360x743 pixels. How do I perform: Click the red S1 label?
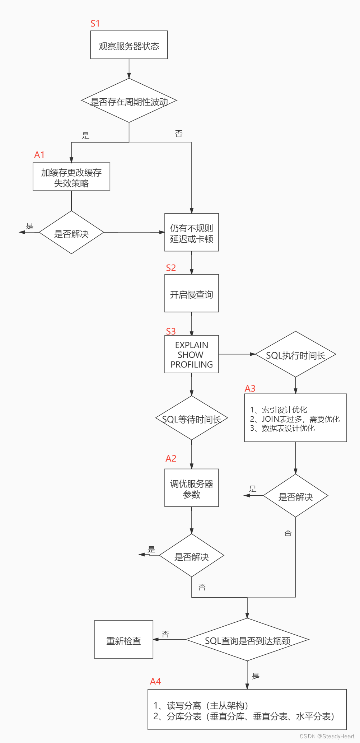point(95,24)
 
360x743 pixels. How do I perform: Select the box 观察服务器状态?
point(129,45)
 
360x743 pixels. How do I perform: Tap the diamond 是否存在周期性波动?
point(129,101)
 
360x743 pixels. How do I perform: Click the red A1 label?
point(39,155)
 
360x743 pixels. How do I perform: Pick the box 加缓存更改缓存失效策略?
point(71,177)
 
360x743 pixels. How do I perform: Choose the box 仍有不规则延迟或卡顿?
point(191,233)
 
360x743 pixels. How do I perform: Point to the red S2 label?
point(171,268)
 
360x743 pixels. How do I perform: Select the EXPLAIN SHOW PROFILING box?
point(191,354)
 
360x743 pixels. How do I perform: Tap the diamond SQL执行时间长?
point(295,355)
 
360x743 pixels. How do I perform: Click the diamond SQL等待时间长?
point(191,419)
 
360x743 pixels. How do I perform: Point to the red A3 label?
point(250,388)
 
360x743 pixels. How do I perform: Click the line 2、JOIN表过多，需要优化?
point(295,419)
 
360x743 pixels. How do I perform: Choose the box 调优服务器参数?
point(191,488)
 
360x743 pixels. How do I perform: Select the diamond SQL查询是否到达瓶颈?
point(247,640)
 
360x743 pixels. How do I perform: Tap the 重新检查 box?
point(123,640)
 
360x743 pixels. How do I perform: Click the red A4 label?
point(155,681)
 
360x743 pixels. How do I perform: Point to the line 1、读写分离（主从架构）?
point(201,705)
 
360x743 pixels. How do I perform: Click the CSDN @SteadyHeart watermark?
point(327,736)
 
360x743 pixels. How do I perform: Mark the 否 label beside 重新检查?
point(165,634)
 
